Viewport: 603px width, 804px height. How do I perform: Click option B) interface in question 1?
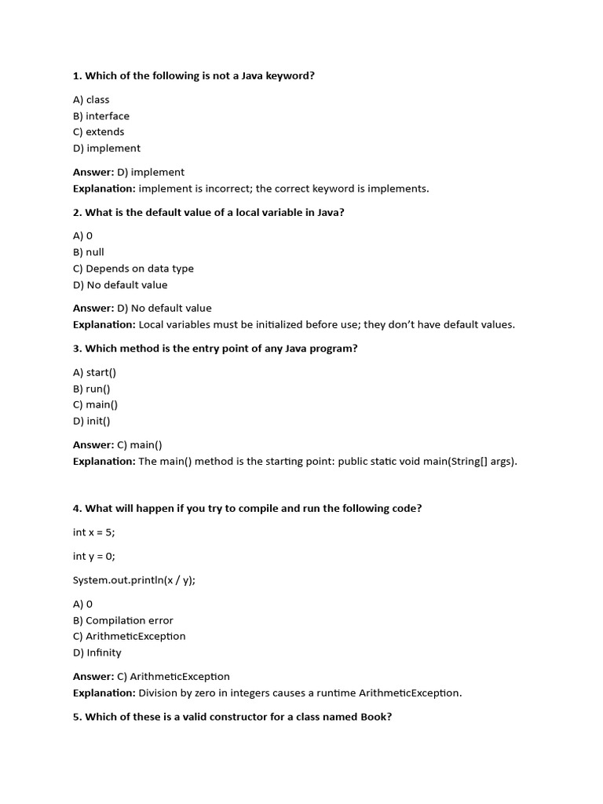[101, 116]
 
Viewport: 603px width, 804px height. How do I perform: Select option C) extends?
[98, 132]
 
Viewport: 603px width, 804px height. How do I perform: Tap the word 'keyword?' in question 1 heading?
[289, 76]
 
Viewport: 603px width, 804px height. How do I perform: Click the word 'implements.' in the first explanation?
[400, 188]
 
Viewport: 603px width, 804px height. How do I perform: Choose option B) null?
[89, 252]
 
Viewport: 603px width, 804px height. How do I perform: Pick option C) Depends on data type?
[133, 269]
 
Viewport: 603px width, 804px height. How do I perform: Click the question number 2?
[76, 213]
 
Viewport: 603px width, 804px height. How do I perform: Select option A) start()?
[94, 372]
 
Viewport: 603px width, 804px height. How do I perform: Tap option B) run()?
[92, 389]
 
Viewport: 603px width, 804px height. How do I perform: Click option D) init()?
[91, 421]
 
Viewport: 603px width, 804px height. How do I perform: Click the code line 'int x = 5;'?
[93, 532]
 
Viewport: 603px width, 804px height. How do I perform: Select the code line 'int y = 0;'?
[93, 557]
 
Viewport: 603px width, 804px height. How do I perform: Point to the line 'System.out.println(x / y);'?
[134, 580]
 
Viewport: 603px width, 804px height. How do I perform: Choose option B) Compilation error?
[123, 620]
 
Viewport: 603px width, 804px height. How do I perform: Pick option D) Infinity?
[97, 652]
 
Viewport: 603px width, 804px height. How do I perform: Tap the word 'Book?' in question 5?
[376, 717]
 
